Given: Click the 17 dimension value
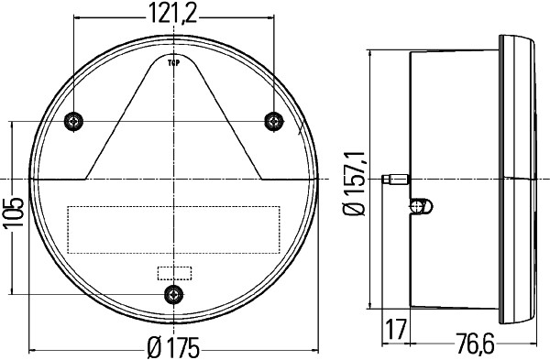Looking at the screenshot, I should pos(396,327).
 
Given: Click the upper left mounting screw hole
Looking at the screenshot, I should pos(74,122).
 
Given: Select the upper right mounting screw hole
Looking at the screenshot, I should pos(272,122).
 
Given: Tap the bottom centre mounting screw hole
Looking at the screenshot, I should pos(173,293).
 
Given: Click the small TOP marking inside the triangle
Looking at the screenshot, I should pos(173,63).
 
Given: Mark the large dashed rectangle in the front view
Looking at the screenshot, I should pos(173,229).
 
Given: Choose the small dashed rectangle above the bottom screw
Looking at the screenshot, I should pos(173,272).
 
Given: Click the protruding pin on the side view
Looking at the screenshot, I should pos(396,180).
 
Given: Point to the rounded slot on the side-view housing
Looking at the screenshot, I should pos(420,205).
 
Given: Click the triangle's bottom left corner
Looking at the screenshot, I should pos(86,179).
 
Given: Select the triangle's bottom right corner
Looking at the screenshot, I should pos(261,179).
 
